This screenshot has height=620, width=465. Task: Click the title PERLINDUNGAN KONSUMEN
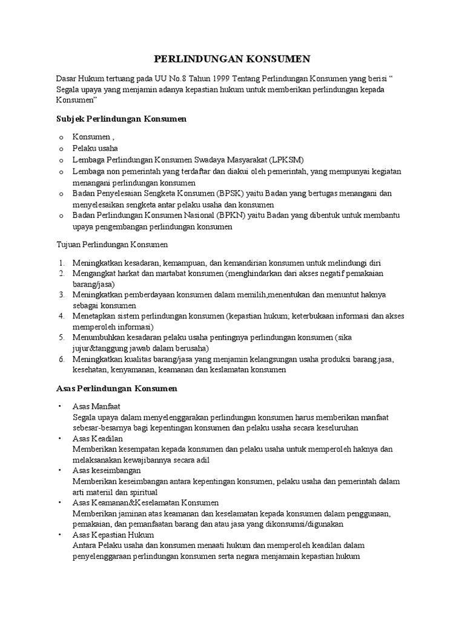click(x=232, y=59)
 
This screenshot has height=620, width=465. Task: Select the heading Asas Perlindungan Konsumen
click(x=116, y=387)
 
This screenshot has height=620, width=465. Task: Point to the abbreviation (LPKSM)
click(x=279, y=159)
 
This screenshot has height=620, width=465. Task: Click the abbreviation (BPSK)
click(x=231, y=194)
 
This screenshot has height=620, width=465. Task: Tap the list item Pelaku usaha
click(x=95, y=148)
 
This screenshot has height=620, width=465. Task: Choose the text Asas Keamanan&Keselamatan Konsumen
click(x=145, y=503)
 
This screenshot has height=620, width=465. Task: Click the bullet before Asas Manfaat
click(x=60, y=406)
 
